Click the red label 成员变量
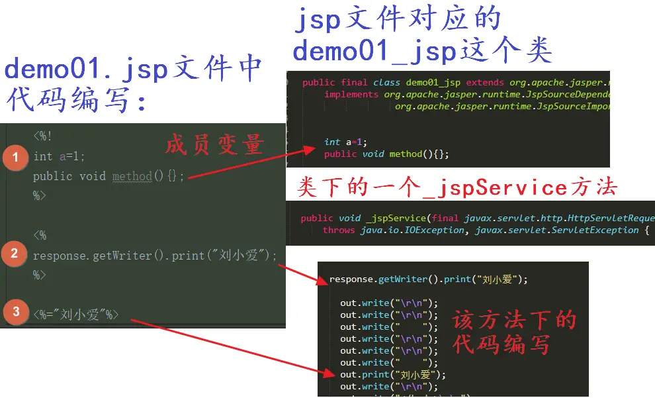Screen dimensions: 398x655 (x=214, y=145)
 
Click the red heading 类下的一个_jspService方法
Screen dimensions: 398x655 (x=457, y=189)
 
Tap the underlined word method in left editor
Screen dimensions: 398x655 (x=132, y=176)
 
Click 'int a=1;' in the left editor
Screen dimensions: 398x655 (x=59, y=156)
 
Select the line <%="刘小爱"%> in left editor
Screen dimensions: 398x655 (x=76, y=315)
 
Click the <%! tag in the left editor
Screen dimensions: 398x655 (x=43, y=137)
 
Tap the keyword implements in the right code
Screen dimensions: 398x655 (x=352, y=94)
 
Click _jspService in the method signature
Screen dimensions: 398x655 (x=396, y=218)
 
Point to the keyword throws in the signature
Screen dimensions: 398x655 (x=339, y=230)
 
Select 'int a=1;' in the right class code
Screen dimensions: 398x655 (x=345, y=142)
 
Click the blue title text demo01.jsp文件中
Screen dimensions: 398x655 (x=132, y=70)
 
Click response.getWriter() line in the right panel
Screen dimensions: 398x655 (x=428, y=279)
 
